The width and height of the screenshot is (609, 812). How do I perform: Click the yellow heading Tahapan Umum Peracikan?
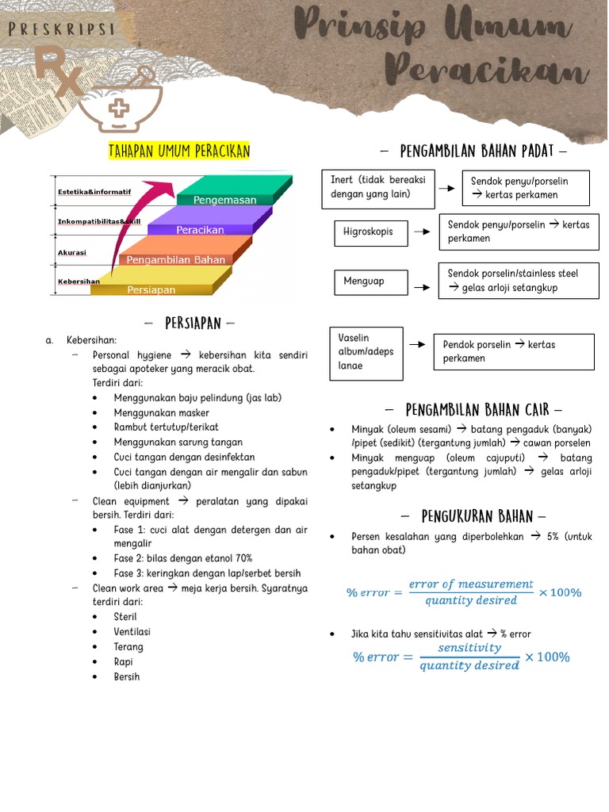(x=179, y=151)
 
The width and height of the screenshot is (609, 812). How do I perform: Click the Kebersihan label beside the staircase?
(x=79, y=282)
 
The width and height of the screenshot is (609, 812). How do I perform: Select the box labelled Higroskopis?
(x=370, y=232)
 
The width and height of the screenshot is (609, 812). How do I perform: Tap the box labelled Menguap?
(x=370, y=282)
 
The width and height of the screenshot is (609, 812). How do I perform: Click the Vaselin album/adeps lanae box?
(x=366, y=352)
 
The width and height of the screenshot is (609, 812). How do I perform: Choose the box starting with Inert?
(x=377, y=187)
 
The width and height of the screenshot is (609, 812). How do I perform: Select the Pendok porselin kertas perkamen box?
(x=513, y=351)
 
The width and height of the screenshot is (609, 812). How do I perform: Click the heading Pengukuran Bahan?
(x=473, y=517)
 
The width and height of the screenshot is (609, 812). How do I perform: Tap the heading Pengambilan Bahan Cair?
(x=473, y=410)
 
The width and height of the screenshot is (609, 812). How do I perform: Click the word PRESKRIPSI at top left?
(x=60, y=30)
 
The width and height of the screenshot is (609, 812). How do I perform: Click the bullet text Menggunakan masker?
(x=162, y=412)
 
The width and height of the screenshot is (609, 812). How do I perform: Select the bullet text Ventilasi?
(x=132, y=632)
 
